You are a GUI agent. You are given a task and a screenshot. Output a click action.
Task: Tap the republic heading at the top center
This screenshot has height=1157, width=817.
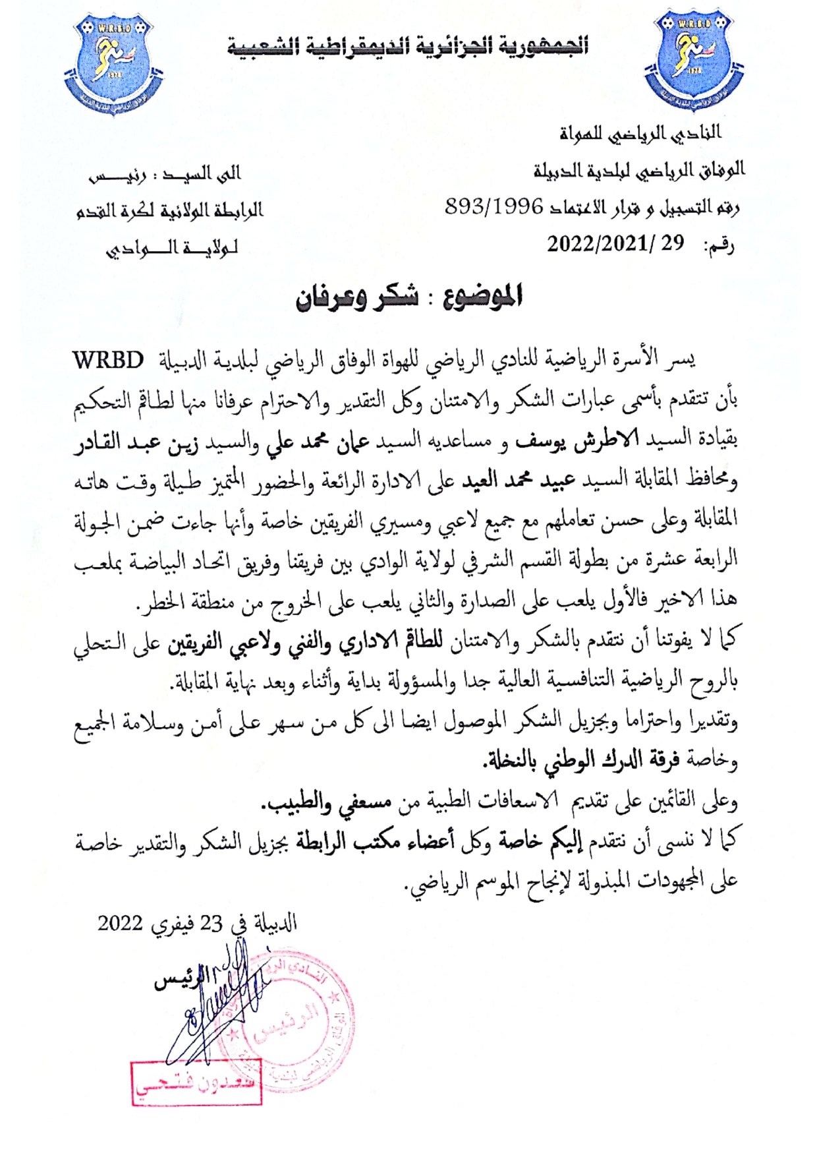408,47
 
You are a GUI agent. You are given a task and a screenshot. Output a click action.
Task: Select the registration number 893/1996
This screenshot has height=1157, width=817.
494,208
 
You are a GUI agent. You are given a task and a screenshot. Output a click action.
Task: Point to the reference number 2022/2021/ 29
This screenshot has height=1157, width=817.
615,245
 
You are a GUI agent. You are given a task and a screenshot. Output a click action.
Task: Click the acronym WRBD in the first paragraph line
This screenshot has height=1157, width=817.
108,361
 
